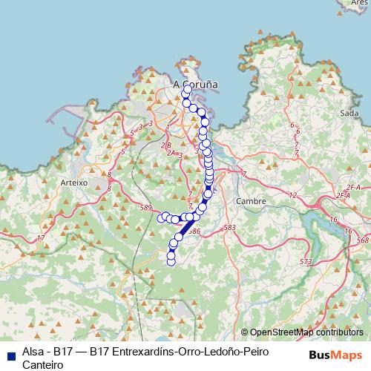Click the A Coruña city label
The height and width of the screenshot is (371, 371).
tap(196, 85)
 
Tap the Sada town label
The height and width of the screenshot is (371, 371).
tap(348, 113)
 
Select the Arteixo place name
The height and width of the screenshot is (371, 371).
tap(73, 182)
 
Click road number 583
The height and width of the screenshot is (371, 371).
tap(229, 227)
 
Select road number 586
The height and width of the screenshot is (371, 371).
tap(194, 232)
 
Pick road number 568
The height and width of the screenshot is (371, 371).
tap(362, 240)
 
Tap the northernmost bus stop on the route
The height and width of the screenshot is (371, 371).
tap(187, 90)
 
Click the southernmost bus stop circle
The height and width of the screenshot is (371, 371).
tap(171, 261)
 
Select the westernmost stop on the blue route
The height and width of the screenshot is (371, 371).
tap(162, 217)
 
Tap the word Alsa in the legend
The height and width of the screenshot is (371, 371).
tap(33, 351)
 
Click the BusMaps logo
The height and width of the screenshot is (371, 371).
tap(335, 355)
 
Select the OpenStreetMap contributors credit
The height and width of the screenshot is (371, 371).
tap(304, 332)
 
